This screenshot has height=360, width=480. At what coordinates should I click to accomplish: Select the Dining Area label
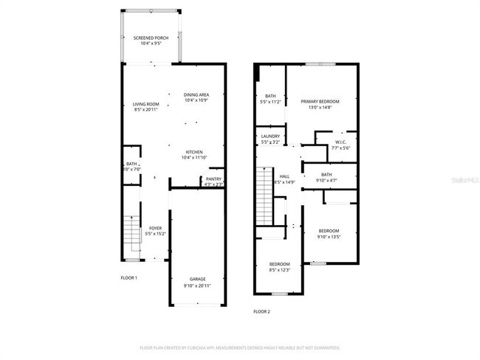point(196,97)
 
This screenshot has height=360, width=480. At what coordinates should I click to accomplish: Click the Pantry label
point(213,181)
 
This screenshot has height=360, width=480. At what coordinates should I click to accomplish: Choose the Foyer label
point(155,231)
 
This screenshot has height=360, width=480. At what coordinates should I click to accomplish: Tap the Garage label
point(197,282)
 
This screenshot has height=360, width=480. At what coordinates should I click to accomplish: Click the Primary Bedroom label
point(319,103)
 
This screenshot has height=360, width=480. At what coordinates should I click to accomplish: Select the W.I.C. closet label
point(340,145)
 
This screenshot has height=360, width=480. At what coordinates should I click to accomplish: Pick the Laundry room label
point(269,139)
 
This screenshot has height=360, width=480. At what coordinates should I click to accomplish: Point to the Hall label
point(284,179)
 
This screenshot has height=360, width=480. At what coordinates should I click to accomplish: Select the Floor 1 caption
point(128,278)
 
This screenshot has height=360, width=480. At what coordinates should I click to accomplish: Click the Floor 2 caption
point(261,312)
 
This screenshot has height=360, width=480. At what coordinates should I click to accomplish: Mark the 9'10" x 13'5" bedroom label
point(329,234)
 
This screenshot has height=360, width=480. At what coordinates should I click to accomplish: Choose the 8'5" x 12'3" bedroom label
point(279,267)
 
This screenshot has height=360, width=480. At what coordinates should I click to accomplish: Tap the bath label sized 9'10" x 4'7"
point(326,178)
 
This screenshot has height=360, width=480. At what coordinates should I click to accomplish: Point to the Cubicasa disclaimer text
point(240,347)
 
